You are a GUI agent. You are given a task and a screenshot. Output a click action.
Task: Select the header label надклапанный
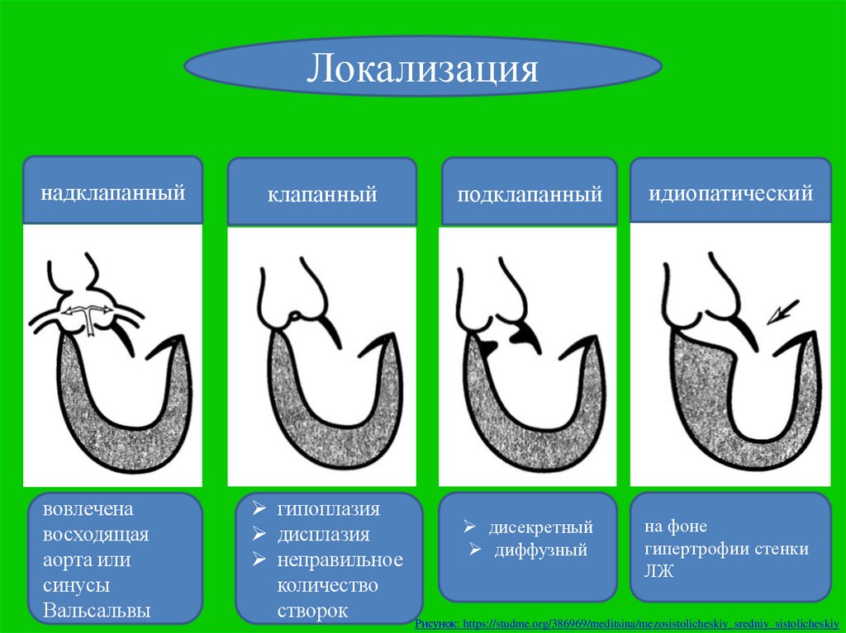(x=112, y=194)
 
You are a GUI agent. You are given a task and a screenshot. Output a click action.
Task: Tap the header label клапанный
(x=321, y=195)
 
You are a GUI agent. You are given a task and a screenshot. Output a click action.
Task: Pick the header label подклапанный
(x=530, y=196)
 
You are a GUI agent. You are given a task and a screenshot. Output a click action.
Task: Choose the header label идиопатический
(x=730, y=194)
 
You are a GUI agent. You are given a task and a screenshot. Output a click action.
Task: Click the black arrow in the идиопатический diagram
(x=780, y=313)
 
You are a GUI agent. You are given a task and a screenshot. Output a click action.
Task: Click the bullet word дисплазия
(x=323, y=534)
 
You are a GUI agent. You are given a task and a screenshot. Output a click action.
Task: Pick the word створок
(x=313, y=611)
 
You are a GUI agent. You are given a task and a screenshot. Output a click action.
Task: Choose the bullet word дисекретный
(x=540, y=527)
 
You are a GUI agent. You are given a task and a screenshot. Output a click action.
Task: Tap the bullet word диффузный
(x=540, y=550)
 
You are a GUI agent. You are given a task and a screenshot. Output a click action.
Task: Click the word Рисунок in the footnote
(x=435, y=625)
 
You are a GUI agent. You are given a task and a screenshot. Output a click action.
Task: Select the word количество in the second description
(x=328, y=585)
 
